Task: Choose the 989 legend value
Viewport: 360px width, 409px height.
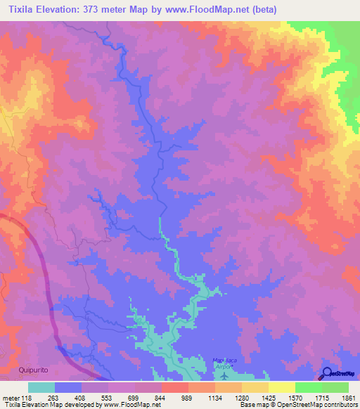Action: click(188, 397)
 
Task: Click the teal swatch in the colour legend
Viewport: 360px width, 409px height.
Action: click(41, 387)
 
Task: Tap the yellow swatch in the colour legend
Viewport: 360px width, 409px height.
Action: click(282, 387)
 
